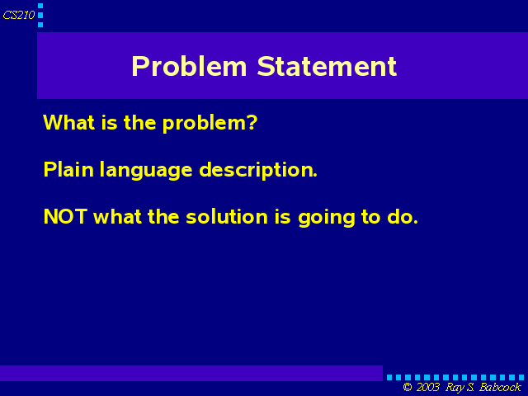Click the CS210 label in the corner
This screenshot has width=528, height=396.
tap(19, 15)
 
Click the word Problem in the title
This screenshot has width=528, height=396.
tap(189, 66)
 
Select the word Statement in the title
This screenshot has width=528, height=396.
tap(327, 66)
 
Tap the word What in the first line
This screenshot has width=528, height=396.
tap(68, 122)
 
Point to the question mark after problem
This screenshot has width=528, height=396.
tap(252, 122)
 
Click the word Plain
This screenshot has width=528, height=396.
tap(68, 169)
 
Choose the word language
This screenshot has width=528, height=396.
tap(146, 171)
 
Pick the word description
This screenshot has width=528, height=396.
tap(258, 171)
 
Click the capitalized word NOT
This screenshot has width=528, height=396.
tap(66, 216)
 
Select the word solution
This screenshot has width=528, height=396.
tap(227, 216)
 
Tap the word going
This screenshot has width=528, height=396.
tap(327, 218)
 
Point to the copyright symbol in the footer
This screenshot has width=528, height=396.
tap(408, 387)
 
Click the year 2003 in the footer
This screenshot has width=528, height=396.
tap(427, 387)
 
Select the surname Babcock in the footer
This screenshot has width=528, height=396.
tap(500, 387)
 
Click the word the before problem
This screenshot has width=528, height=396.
tap(139, 122)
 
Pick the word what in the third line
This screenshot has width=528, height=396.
tap(117, 216)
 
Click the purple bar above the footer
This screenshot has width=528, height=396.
tap(191, 373)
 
